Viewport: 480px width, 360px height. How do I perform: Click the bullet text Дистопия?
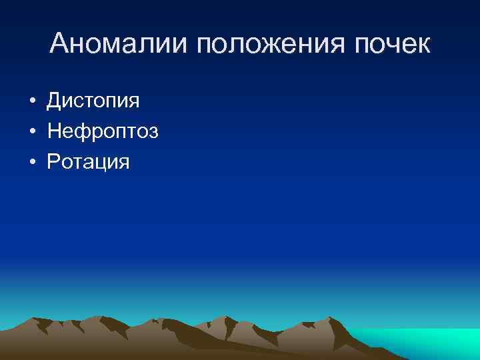click(93, 101)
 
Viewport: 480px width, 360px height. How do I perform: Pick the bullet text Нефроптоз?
click(103, 131)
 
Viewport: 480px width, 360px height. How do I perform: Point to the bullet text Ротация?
click(88, 161)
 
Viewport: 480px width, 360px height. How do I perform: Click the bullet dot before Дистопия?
click(32, 102)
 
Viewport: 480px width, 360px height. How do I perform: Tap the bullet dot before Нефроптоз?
click(32, 132)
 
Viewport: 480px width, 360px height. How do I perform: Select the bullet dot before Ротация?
click(32, 162)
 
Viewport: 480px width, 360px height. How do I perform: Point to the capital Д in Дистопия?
click(54, 101)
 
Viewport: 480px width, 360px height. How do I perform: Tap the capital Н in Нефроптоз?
click(55, 131)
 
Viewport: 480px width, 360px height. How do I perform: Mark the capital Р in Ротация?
click(54, 161)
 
